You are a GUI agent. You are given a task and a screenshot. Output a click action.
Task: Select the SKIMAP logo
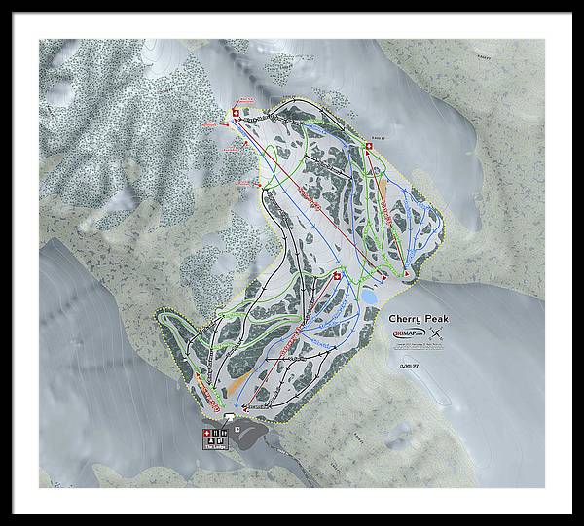click(413, 335)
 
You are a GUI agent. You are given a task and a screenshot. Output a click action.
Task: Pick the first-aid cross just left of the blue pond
click(338, 277)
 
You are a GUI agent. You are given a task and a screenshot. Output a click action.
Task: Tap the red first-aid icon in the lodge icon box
click(205, 434)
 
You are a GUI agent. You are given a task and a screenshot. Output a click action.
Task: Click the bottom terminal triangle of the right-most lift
click(406, 275)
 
